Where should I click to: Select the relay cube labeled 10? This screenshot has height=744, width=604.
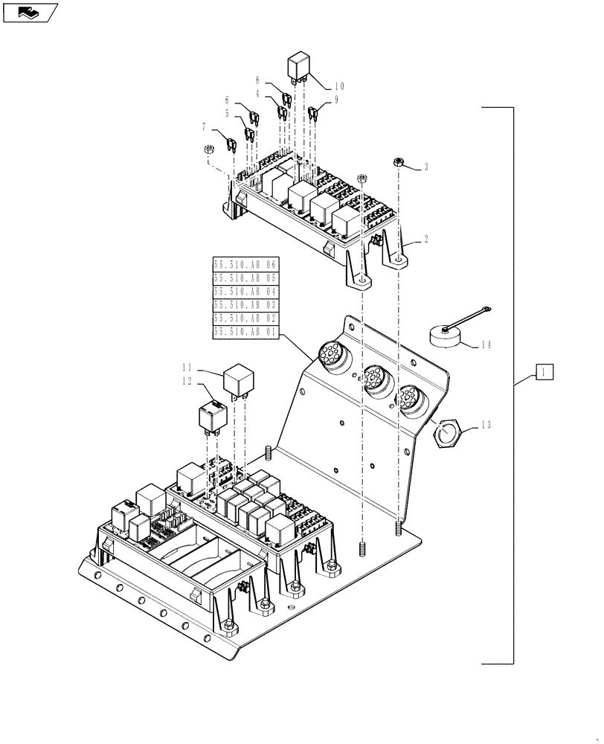(301, 65)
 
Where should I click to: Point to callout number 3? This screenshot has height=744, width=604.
(426, 167)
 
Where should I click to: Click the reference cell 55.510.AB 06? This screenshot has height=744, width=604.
(245, 265)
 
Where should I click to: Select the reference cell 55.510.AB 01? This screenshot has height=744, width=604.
(245, 333)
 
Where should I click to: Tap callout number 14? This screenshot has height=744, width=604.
(486, 344)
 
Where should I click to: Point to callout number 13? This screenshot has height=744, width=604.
(486, 425)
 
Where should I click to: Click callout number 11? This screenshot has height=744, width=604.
(185, 367)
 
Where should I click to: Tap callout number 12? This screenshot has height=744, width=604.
(185, 381)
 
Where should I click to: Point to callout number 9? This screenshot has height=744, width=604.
(335, 99)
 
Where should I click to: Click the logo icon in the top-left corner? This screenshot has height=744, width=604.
(30, 11)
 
